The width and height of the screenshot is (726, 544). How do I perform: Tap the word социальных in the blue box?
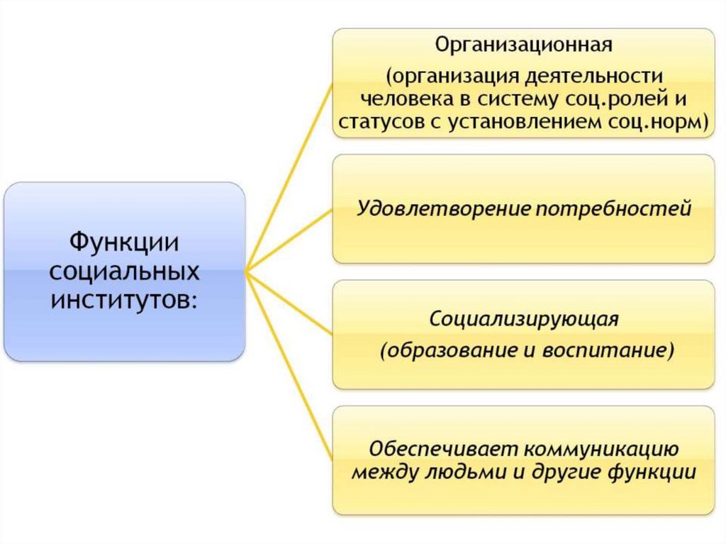click(x=125, y=272)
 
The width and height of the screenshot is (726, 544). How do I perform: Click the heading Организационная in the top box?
click(x=523, y=46)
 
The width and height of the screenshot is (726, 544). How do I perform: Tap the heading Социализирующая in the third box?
click(x=524, y=318)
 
